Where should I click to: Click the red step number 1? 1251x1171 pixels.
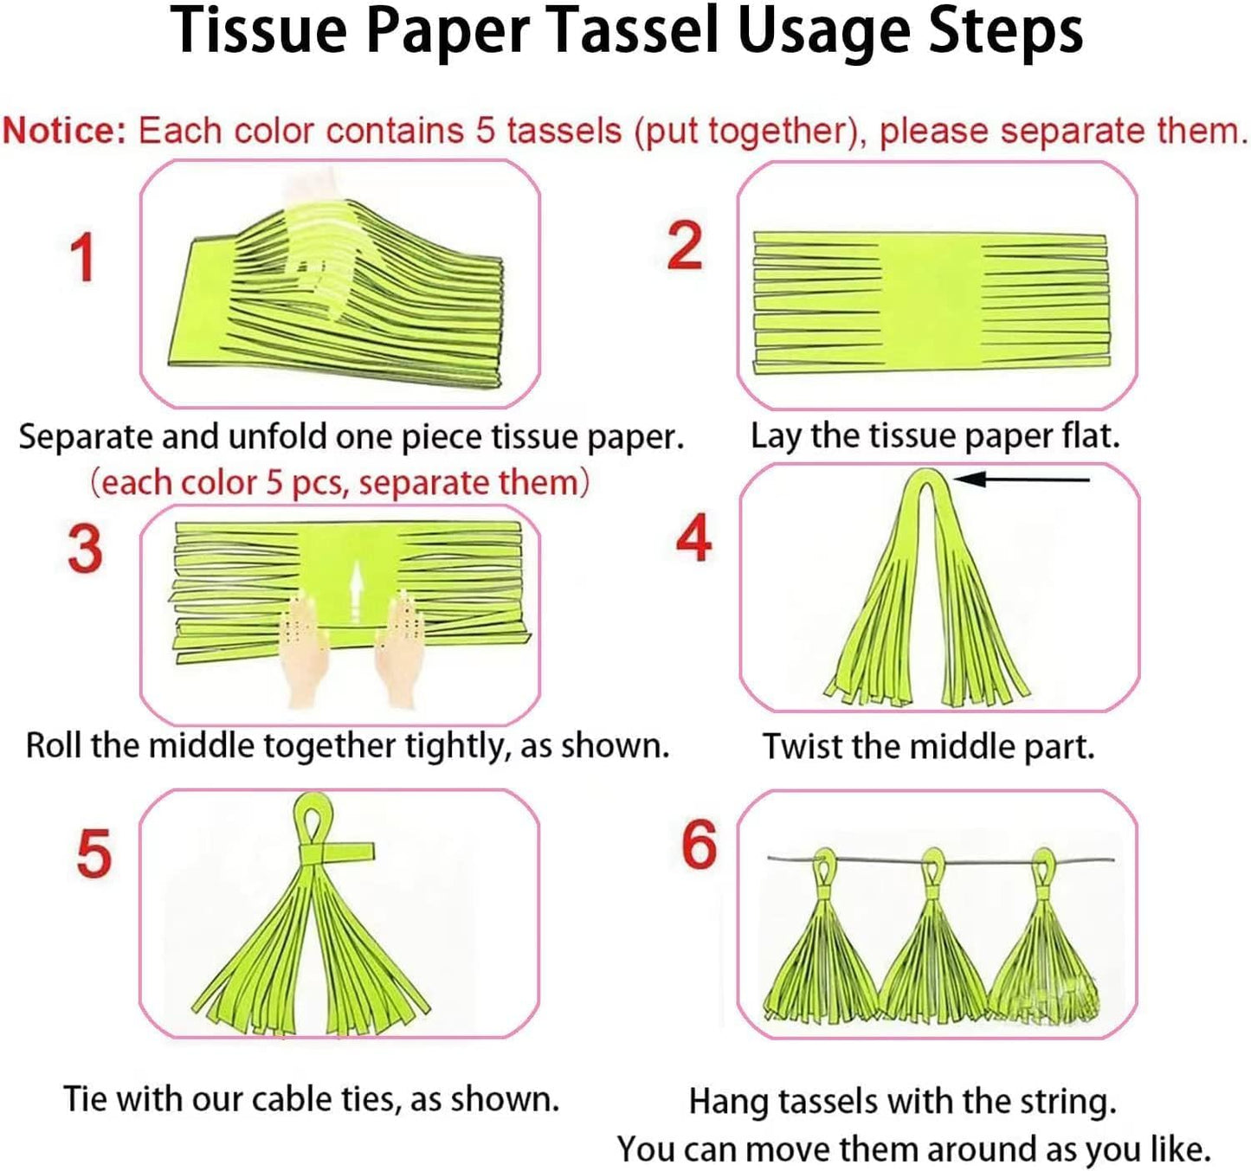pyautogui.click(x=82, y=258)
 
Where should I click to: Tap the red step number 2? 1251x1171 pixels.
pyautogui.click(x=684, y=246)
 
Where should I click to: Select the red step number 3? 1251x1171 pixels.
pyautogui.click(x=85, y=549)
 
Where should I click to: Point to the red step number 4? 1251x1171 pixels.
pyautogui.click(x=693, y=538)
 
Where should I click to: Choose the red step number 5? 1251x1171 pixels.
pyautogui.click(x=94, y=853)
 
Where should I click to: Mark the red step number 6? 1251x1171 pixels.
pyautogui.click(x=699, y=845)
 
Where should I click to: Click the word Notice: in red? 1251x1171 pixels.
pyautogui.click(x=64, y=131)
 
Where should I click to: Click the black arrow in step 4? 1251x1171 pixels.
pyautogui.click(x=1022, y=479)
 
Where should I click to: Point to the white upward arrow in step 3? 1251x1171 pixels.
pyautogui.click(x=355, y=589)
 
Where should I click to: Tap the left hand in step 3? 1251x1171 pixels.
pyautogui.click(x=304, y=645)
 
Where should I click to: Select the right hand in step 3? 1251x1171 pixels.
pyautogui.click(x=399, y=640)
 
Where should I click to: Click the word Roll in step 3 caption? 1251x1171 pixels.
pyautogui.click(x=54, y=745)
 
